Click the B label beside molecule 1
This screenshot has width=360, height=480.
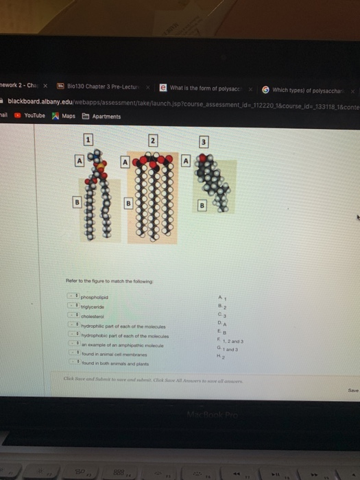click(79, 203)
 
